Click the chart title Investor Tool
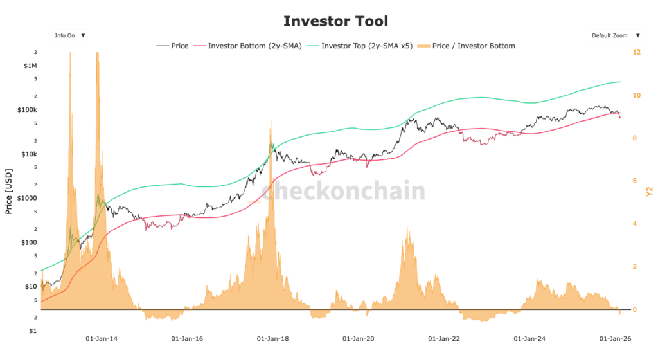335,21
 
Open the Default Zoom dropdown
616,35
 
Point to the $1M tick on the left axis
30,66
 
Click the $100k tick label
28,110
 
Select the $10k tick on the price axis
30,154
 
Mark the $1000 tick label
28,198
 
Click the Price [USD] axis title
9,191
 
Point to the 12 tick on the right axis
636,52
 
